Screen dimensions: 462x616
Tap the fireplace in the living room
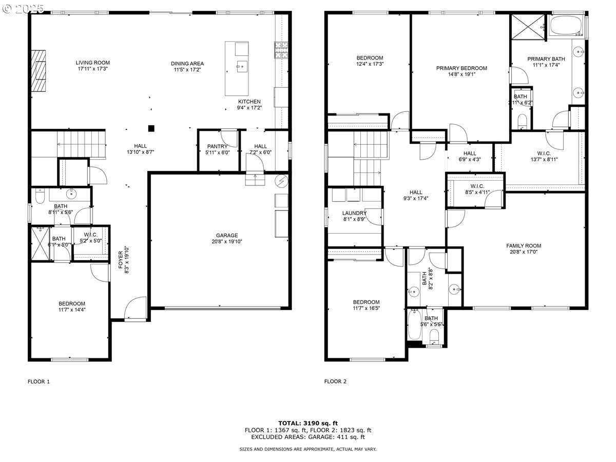click(x=37, y=70)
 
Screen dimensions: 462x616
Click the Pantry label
click(x=217, y=147)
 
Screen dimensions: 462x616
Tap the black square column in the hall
click(x=151, y=128)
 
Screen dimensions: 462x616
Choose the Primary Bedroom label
click(x=461, y=68)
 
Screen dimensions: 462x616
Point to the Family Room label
click(x=524, y=246)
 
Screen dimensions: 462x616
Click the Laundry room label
click(x=354, y=213)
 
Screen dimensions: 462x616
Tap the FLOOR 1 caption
click(x=38, y=381)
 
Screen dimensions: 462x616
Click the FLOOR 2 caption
click(x=335, y=381)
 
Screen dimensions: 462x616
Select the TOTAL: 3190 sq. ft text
click(x=307, y=423)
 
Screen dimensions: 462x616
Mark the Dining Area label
click(x=187, y=64)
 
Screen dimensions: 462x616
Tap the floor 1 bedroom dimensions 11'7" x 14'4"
click(x=71, y=310)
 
